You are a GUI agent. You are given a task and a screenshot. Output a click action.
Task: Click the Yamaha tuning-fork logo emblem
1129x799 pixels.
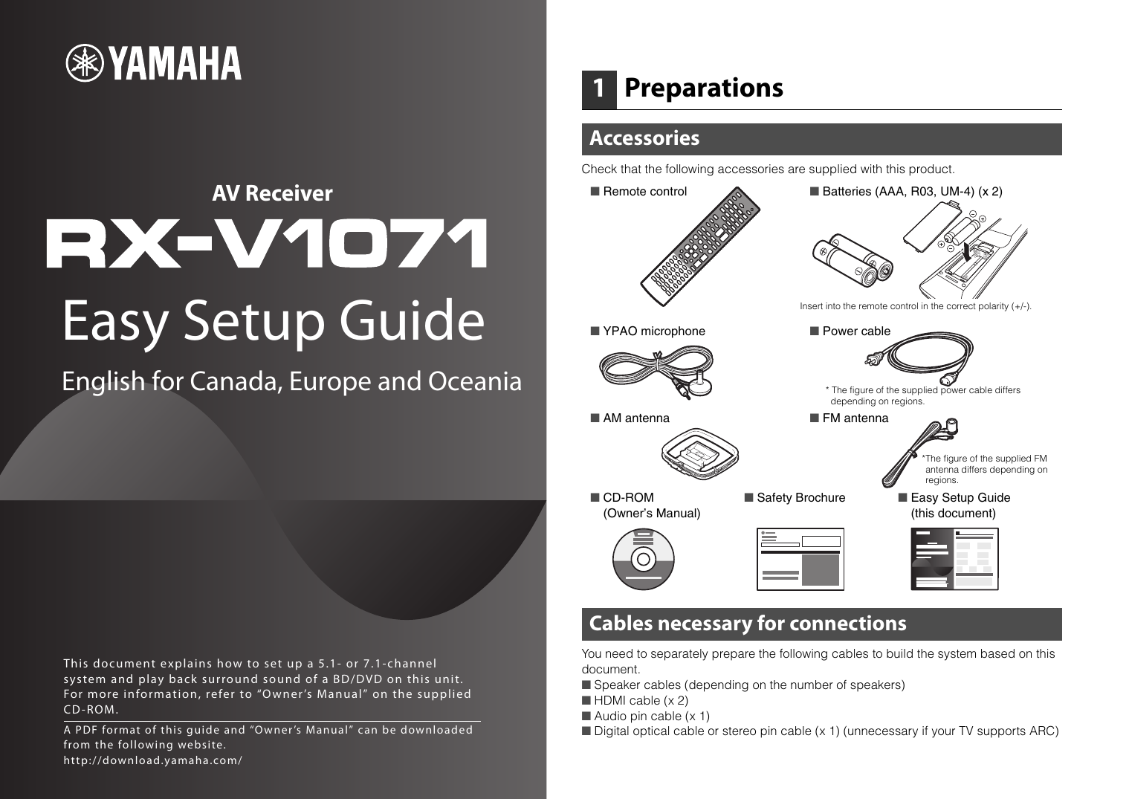(85, 64)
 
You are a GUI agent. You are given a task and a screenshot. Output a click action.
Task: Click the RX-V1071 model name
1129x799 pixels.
(267, 243)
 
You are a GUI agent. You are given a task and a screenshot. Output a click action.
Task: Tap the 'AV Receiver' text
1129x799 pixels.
(272, 193)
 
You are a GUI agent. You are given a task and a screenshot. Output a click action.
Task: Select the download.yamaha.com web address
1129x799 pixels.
(152, 760)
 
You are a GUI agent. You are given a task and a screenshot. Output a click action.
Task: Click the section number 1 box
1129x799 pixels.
(598, 88)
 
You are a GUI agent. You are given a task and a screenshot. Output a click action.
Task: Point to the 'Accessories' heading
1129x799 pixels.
(644, 138)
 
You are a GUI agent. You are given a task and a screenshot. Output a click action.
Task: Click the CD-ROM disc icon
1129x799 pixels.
(644, 559)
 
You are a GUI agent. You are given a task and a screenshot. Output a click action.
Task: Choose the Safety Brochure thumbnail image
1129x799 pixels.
(800, 559)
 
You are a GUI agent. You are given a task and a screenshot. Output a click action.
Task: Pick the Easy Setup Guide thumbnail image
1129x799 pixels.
(954, 559)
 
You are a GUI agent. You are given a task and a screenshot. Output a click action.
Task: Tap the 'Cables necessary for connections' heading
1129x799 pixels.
(747, 624)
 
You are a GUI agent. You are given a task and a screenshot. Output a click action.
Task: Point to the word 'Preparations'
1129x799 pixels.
(703, 88)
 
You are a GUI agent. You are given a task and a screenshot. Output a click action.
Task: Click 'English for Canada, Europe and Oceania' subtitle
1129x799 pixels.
(291, 381)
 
